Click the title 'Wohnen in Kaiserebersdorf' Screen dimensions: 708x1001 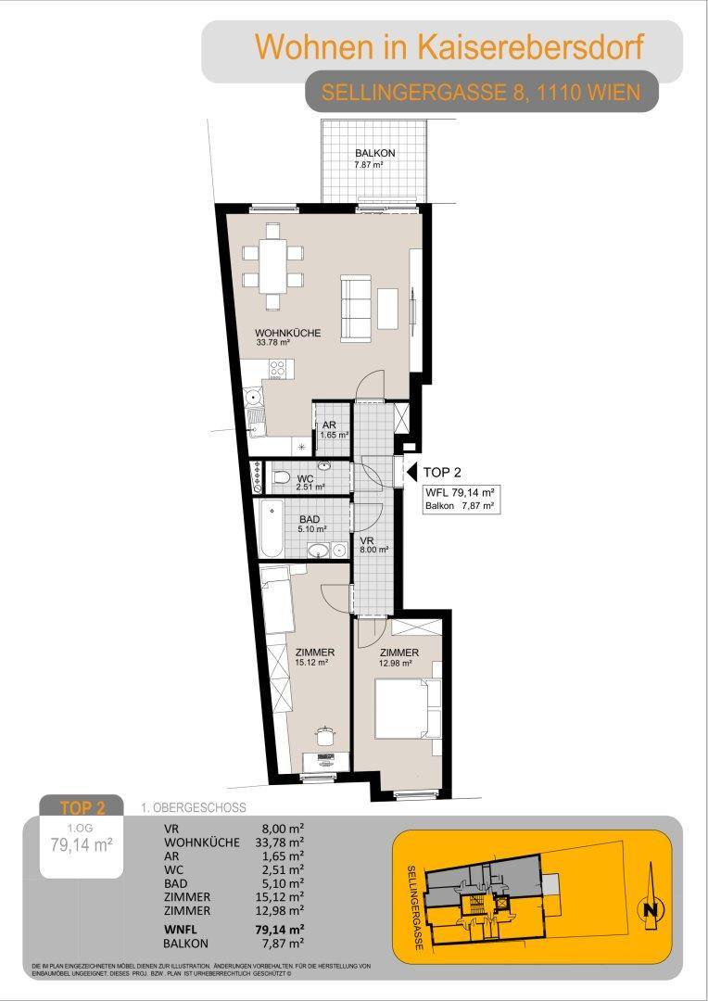(x=449, y=46)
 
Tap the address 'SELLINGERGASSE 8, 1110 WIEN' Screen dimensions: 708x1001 (x=481, y=94)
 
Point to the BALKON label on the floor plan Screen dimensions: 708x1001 (x=374, y=153)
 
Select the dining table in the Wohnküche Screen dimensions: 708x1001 (x=273, y=266)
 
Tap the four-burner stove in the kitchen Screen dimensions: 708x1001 (x=278, y=368)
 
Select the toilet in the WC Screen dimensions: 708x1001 (x=281, y=477)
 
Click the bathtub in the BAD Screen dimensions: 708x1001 (x=272, y=528)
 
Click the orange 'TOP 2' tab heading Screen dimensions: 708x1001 (x=82, y=807)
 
